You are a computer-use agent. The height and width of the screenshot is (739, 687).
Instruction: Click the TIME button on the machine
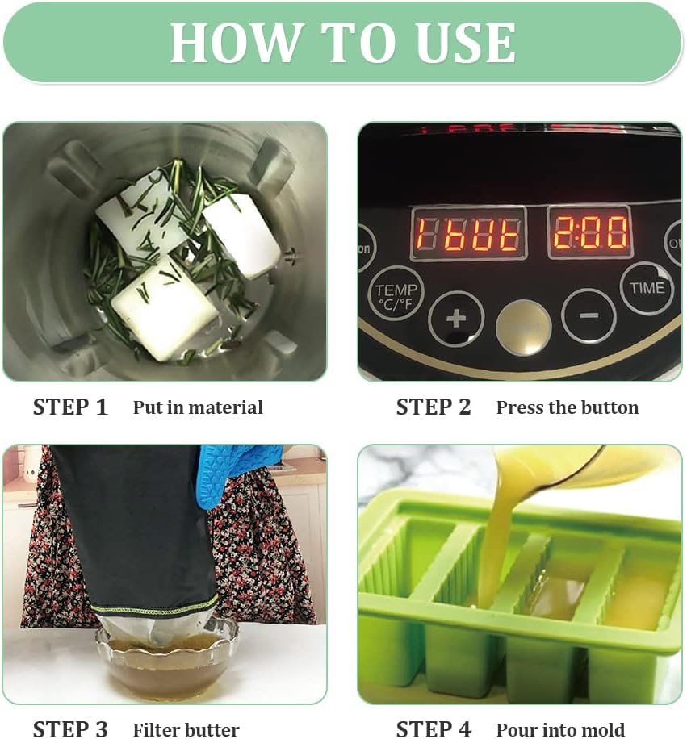point(647,288)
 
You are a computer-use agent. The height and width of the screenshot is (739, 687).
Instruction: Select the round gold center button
point(523,327)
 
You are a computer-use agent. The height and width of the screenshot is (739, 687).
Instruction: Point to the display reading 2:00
point(589,232)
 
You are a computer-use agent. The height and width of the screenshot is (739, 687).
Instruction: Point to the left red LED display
point(468,233)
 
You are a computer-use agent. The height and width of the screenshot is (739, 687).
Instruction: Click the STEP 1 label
point(70,407)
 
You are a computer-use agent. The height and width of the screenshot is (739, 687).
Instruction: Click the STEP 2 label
point(434,407)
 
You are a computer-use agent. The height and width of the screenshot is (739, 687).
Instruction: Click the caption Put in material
point(198,408)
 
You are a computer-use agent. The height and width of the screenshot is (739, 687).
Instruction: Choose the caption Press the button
point(567,408)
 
